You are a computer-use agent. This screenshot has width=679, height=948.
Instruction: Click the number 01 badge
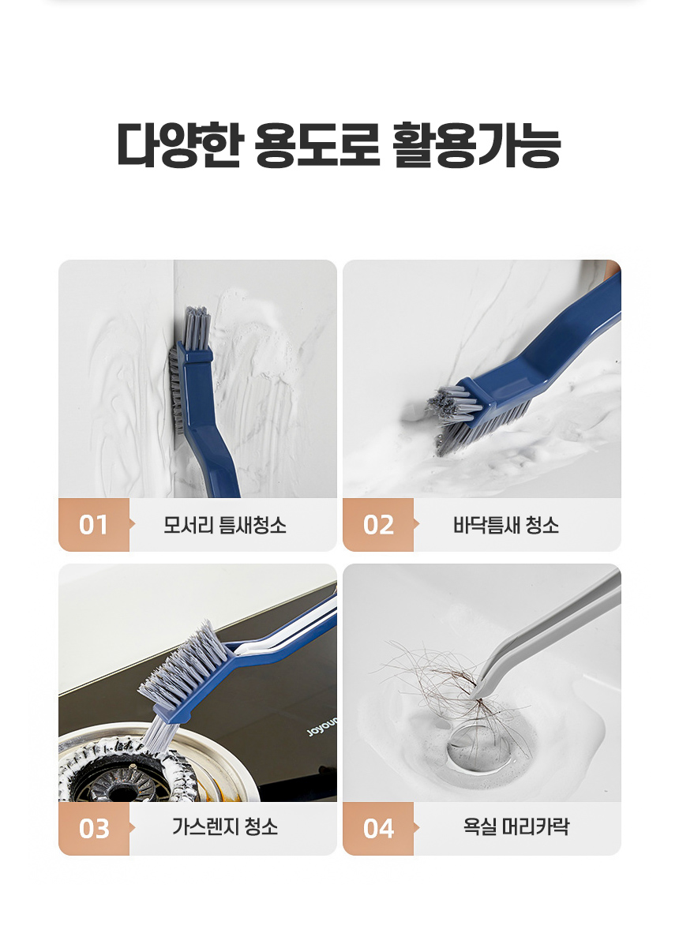[93, 525]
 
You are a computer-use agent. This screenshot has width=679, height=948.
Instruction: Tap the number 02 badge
[378, 525]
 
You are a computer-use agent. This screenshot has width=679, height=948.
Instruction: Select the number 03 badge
[93, 828]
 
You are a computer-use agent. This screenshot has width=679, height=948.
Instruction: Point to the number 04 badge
[378, 828]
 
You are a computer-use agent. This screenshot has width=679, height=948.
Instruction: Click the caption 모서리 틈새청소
[225, 525]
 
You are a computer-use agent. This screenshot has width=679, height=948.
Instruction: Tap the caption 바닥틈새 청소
[506, 525]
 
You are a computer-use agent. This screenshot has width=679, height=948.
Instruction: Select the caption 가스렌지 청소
[225, 826]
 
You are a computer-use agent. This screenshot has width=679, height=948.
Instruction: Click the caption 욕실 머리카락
[516, 826]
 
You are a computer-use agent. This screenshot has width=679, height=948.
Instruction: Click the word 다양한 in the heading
[180, 144]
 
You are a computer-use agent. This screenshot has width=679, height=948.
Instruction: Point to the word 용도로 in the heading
[317, 144]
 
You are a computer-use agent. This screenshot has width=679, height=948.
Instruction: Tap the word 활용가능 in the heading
[477, 144]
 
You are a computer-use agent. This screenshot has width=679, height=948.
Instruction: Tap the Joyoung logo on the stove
[323, 727]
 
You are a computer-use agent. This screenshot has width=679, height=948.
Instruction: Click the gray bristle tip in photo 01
[197, 324]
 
